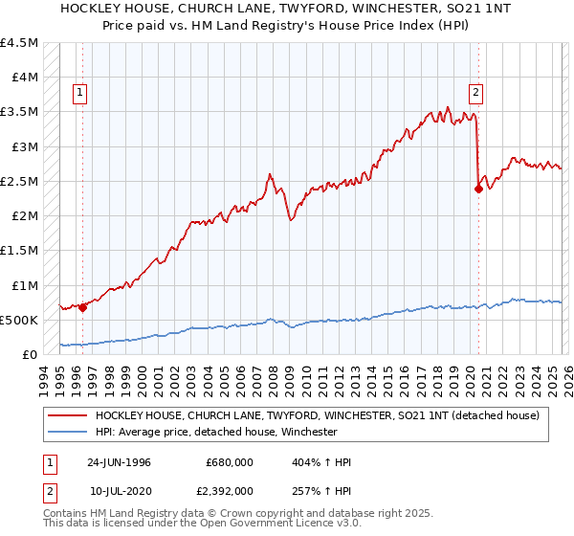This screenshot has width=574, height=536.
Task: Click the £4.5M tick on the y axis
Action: point(20,43)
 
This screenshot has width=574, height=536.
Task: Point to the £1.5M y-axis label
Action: point(20,251)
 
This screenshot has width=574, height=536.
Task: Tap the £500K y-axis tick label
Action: point(19,320)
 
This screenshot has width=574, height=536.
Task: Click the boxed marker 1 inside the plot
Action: point(79,93)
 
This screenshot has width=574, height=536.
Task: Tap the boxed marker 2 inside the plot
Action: point(475,93)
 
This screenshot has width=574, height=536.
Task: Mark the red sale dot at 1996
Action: point(83,307)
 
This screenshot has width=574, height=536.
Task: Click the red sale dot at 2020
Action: point(477,189)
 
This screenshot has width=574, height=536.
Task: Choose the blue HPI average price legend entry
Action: point(216,432)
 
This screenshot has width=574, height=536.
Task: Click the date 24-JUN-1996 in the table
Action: point(119,462)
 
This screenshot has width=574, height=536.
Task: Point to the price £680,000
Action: point(229,462)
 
